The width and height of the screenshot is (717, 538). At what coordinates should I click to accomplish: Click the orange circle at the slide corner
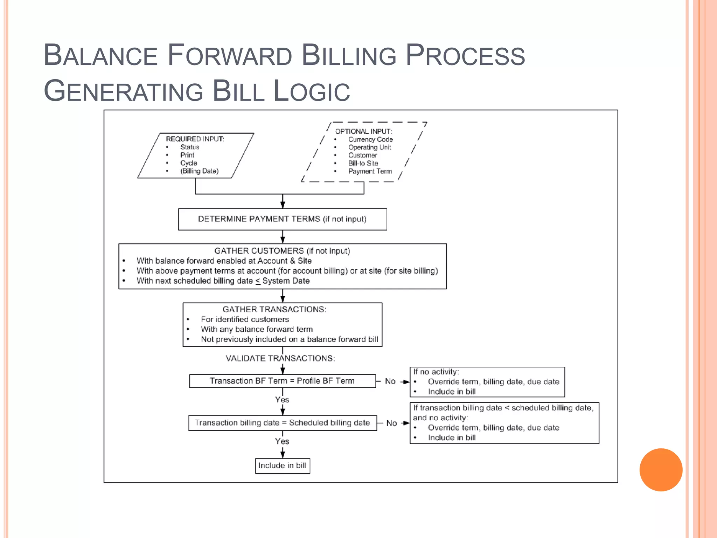pos(661,470)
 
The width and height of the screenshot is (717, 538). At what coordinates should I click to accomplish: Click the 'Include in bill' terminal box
pos(282,466)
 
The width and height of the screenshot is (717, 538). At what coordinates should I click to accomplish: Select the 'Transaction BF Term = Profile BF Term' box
pos(282,381)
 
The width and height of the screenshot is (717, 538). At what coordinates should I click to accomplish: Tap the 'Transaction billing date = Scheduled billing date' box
pos(282,423)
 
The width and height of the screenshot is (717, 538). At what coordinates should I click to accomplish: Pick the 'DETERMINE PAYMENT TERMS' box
pos(282,219)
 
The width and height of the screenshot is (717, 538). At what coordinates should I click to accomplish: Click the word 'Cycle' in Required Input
pos(189,163)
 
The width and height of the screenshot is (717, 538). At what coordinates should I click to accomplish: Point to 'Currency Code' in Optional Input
pos(370,139)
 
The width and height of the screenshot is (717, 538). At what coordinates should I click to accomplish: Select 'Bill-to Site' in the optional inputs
pos(363,163)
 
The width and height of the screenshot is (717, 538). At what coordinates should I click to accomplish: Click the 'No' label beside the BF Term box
pos(390,381)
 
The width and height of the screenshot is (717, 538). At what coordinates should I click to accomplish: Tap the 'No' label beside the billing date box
pos(391,423)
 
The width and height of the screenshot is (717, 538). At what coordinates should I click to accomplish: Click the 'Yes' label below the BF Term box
pos(282,400)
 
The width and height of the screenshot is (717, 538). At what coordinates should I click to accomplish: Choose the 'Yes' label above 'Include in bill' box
pos(282,441)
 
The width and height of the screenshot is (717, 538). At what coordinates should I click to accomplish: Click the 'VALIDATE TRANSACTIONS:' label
pos(280,358)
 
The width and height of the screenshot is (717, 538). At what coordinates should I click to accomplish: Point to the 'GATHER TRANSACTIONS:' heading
pos(274,310)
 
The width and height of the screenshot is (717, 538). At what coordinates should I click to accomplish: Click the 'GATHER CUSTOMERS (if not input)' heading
pos(282,251)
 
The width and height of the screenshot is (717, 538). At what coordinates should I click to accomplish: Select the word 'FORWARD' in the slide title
pos(230,55)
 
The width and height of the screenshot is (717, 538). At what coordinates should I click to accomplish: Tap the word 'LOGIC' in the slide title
pos(311,91)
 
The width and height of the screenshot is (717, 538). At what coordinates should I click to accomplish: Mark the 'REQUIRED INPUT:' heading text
pos(195,139)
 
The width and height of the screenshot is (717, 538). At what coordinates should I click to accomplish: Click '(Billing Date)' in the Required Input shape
pos(199,171)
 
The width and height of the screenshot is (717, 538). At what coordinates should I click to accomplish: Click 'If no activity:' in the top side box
pos(436,372)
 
